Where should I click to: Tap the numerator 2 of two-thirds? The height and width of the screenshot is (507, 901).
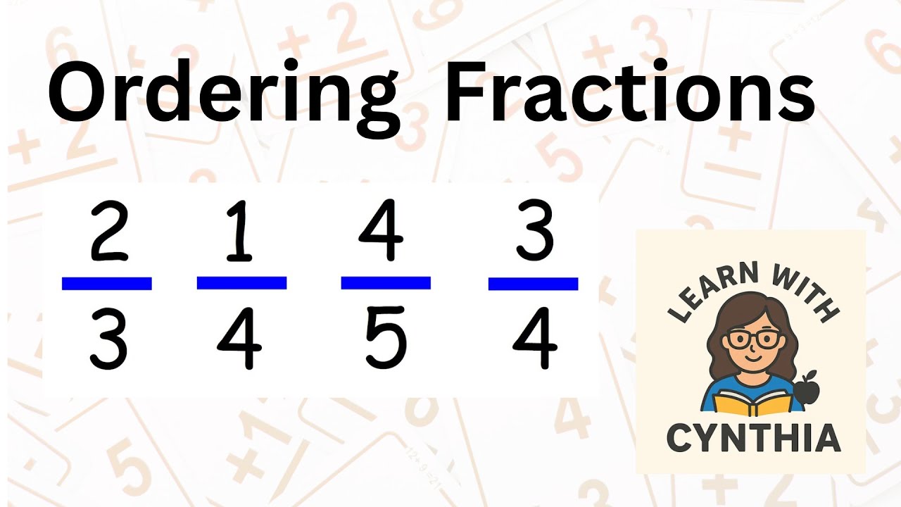[109, 232]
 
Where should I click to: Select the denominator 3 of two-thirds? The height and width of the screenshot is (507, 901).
[108, 338]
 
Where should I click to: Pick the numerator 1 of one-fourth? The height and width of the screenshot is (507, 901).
[239, 232]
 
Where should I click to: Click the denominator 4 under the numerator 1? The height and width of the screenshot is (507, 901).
[240, 338]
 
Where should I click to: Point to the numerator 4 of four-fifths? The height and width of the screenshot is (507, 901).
[381, 230]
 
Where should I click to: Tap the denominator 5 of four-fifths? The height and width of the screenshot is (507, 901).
[385, 337]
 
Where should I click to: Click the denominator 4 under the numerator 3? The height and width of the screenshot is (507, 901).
[535, 338]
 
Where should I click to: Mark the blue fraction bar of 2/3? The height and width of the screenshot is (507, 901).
[106, 284]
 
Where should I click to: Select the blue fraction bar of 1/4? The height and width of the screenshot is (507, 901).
[241, 283]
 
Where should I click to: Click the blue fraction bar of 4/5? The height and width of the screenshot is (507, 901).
[386, 283]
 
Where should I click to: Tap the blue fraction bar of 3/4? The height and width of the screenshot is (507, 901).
[534, 284]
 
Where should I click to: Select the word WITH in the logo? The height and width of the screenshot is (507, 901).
[805, 292]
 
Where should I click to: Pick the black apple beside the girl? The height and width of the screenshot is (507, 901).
[805, 387]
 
